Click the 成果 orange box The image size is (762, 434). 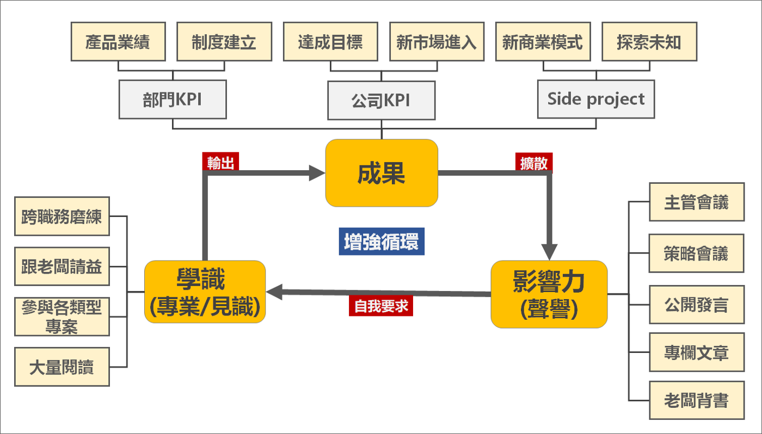click(x=382, y=173)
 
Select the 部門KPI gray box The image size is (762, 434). click(x=173, y=100)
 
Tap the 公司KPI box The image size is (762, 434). click(x=382, y=100)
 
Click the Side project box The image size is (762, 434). click(x=596, y=99)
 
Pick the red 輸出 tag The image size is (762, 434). click(x=220, y=162)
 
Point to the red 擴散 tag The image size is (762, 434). click(x=534, y=163)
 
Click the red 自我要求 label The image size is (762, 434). click(x=381, y=306)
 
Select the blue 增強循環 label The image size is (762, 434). click(x=382, y=241)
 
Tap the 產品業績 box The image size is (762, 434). click(x=118, y=42)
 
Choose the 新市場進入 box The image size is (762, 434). click(x=437, y=42)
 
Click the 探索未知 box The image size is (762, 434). click(x=649, y=42)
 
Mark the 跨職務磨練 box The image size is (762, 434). click(x=62, y=216)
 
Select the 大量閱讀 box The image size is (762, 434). click(x=62, y=367)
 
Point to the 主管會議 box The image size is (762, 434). click(x=697, y=202)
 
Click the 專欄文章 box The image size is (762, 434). click(x=697, y=352)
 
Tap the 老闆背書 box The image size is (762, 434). click(x=697, y=400)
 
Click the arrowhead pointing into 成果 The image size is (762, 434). click(x=317, y=173)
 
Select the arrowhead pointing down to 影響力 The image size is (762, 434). click(x=549, y=252)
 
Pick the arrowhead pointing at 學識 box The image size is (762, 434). click(x=274, y=292)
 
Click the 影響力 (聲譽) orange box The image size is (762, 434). click(x=549, y=294)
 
